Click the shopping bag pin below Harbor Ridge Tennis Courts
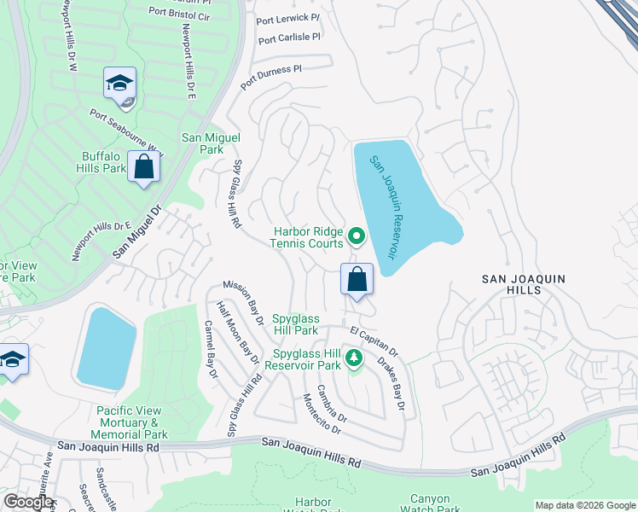pyautogui.click(x=357, y=279)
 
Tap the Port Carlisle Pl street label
pyautogui.click(x=288, y=38)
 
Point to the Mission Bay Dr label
pyautogui.click(x=244, y=302)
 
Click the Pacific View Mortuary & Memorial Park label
pyautogui.click(x=131, y=422)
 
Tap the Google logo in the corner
pyautogui.click(x=28, y=503)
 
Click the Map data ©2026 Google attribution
pyautogui.click(x=584, y=505)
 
